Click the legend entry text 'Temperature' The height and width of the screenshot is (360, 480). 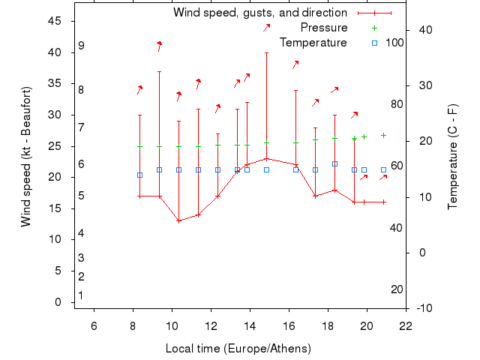tap(313, 43)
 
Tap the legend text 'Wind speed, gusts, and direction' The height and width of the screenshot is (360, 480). tap(259, 13)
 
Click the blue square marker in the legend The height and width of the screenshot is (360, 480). tap(375, 43)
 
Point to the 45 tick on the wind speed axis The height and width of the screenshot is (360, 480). tap(55, 21)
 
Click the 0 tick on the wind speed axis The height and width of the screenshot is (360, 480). tap(58, 302)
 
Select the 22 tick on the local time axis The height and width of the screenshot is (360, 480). tap(406, 325)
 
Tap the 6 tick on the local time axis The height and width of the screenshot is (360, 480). tap(94, 325)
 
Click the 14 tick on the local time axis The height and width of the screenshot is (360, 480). tap(250, 325)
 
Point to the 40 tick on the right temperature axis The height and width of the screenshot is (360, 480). tap(425, 29)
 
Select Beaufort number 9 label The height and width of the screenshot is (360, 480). tap(81, 46)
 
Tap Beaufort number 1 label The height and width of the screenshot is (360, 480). tap(81, 295)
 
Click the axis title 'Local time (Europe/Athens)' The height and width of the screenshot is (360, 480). tap(238, 349)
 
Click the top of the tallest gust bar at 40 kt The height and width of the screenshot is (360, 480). tap(266, 52)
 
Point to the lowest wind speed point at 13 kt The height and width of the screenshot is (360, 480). tap(178, 220)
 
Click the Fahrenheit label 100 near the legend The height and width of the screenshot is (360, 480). tap(394, 43)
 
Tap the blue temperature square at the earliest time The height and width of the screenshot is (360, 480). tap(139, 175)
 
